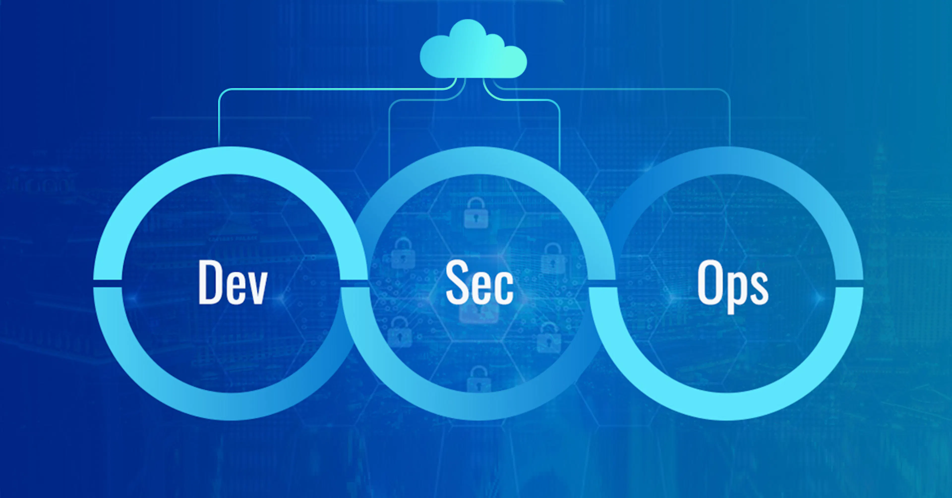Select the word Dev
(x=233, y=282)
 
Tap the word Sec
(x=480, y=282)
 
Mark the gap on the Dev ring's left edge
(x=108, y=283)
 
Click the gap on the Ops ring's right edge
(x=849, y=283)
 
